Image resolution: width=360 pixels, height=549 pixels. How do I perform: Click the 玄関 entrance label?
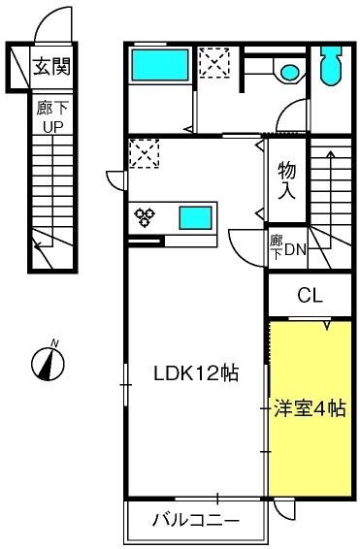(x=51, y=67)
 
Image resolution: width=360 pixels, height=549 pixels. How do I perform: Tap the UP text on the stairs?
(x=52, y=127)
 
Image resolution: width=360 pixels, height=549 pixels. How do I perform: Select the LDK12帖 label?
(x=196, y=372)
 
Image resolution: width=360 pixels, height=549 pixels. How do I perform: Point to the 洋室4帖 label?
(x=310, y=408)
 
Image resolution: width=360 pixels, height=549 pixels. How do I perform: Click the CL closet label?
(x=310, y=296)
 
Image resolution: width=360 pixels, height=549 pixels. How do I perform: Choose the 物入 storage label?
(x=287, y=180)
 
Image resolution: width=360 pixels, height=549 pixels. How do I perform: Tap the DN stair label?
(x=296, y=249)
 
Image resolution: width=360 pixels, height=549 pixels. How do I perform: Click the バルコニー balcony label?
(x=196, y=520)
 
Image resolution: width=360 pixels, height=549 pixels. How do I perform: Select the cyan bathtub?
(x=160, y=66)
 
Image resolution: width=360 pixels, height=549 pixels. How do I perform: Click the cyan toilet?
(x=331, y=66)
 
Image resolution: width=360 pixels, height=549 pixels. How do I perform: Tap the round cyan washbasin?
(x=290, y=73)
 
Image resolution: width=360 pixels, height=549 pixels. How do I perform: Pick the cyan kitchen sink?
(x=196, y=218)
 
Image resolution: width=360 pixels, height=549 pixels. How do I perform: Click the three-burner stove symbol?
(x=145, y=217)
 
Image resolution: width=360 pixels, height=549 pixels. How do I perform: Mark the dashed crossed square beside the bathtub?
(x=214, y=63)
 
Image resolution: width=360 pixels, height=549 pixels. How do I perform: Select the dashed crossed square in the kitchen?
(x=145, y=153)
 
